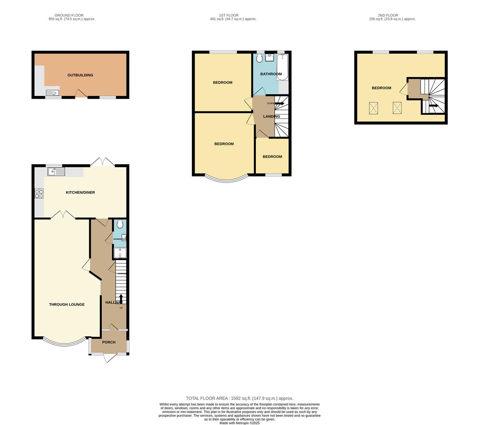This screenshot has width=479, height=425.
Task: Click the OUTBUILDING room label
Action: tap(80, 75)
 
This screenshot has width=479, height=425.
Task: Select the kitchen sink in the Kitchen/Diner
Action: tap(56, 172)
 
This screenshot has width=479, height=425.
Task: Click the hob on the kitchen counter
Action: tap(39, 193)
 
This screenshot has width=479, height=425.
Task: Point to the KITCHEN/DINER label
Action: tap(80, 192)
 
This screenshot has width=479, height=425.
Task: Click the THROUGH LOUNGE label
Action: tap(67, 304)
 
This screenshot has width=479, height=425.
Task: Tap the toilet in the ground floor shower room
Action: tap(120, 225)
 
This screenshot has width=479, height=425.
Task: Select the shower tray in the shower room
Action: tap(120, 253)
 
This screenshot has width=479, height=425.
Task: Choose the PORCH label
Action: tap(109, 342)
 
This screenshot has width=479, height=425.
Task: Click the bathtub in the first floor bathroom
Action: tap(283, 67)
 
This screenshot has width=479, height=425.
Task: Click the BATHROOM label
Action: tap(271, 74)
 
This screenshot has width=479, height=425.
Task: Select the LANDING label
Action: tap(272, 116)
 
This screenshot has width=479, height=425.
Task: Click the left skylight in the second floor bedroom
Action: tap(373, 108)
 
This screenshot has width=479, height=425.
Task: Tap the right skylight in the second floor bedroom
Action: tap(397, 108)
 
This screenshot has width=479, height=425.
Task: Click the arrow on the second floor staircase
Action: tap(433, 105)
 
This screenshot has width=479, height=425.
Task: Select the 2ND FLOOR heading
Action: tap(388, 15)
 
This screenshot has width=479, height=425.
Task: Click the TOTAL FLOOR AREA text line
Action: tap(239, 398)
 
